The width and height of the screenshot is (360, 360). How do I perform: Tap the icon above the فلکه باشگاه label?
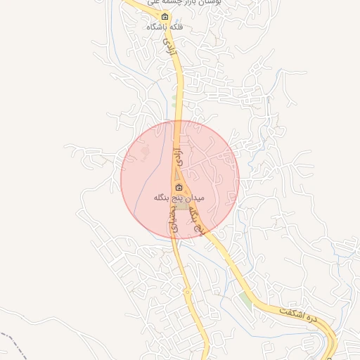click(165, 17)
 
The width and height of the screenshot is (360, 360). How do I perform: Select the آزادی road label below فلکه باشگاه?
click(169, 49)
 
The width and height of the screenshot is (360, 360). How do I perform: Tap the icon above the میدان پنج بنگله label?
click(179, 188)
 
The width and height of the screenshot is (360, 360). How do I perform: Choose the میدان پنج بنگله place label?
click(179, 199)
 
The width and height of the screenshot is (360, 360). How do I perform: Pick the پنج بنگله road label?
click(202, 221)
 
